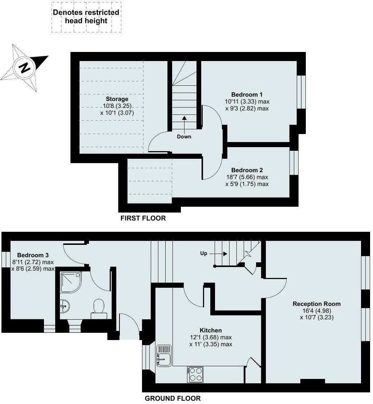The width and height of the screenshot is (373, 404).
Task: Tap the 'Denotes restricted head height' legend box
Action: pyautogui.click(x=86, y=17)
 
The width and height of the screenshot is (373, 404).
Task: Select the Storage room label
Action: pyautogui.click(x=117, y=99)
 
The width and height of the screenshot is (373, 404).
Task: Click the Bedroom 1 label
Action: pyautogui.click(x=247, y=95)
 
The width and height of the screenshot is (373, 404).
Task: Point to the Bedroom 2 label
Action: pyautogui.click(x=247, y=170)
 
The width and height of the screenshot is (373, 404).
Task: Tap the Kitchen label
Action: pyautogui.click(x=211, y=330)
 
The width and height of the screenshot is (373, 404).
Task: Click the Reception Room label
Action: pyautogui.click(x=317, y=304)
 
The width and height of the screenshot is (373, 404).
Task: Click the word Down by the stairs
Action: pyautogui.click(x=184, y=137)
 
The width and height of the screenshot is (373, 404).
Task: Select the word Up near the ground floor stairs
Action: pyautogui.click(x=204, y=253)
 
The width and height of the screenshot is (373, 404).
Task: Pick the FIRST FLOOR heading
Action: pyautogui.click(x=143, y=218)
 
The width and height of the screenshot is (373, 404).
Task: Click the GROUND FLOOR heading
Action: pyautogui.click(x=173, y=398)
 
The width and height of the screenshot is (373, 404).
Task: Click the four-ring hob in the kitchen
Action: pyautogui.click(x=196, y=374)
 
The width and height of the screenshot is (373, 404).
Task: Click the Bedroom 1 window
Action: pyautogui.click(x=301, y=92)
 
